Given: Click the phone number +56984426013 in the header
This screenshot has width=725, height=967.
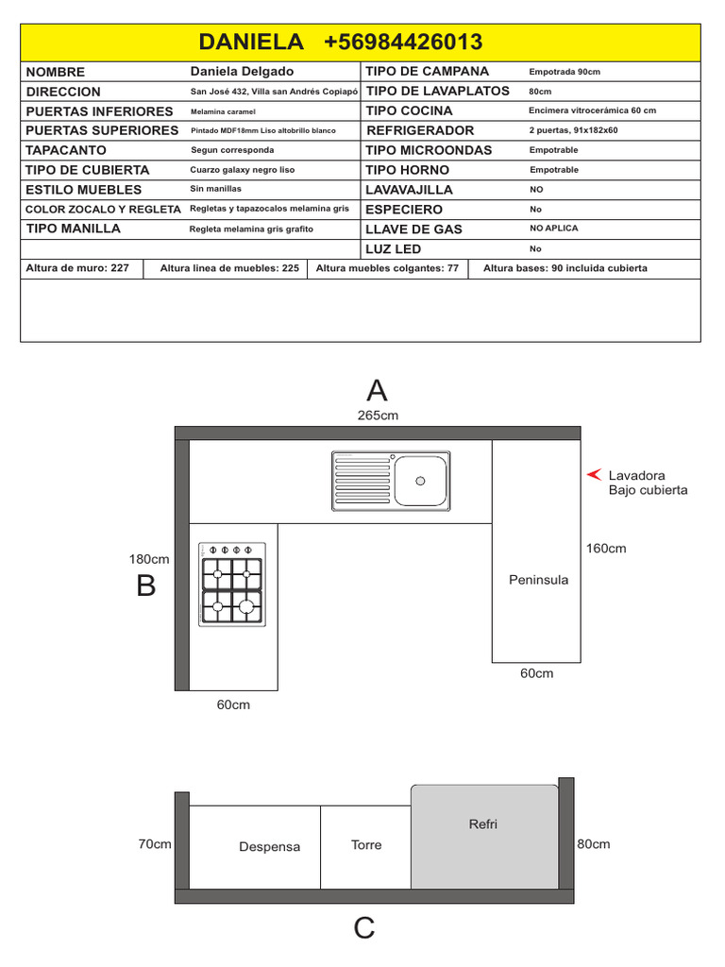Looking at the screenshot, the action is pos(403,42).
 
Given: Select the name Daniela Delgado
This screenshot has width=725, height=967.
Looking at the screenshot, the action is pos(242,72).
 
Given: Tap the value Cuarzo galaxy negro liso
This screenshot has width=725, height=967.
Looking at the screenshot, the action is pos(243,170).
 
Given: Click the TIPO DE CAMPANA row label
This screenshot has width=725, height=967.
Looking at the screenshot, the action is pos(427,72).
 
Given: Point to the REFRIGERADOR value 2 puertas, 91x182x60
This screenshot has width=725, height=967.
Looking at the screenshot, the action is pos(573,130).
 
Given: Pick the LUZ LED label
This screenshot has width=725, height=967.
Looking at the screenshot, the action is pos(393,249).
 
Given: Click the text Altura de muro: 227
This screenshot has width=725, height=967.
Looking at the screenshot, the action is pos(77,268).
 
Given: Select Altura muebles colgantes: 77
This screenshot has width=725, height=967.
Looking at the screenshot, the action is pos(387,268).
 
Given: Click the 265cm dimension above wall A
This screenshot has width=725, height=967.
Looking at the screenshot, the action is pos(378,416).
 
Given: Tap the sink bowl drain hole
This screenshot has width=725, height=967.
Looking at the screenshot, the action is pos(420,481).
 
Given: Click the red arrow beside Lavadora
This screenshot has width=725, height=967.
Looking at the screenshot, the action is pos(594,474).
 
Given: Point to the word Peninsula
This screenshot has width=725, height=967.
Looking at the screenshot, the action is pos(539,580).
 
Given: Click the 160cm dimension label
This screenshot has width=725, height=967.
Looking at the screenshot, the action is pos(606,549).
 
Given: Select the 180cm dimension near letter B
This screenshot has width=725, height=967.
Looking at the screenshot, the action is pos(149,559).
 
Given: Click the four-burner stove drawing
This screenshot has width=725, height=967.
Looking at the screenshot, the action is pos(232,585).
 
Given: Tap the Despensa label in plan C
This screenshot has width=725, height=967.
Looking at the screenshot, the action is pos(269,847).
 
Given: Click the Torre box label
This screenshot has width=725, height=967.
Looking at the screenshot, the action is pos(366,845).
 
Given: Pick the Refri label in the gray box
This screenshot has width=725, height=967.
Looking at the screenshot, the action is pos(482,823).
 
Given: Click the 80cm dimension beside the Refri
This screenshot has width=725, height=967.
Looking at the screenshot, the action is pos(594,844).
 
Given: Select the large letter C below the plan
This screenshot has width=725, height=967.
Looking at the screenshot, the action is pos(364,927).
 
